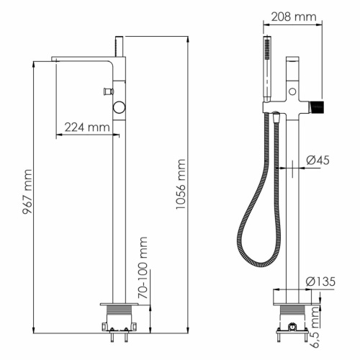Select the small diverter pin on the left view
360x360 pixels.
pyautogui.click(x=107, y=91)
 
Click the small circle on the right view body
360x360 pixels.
pyautogui.click(x=293, y=91)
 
